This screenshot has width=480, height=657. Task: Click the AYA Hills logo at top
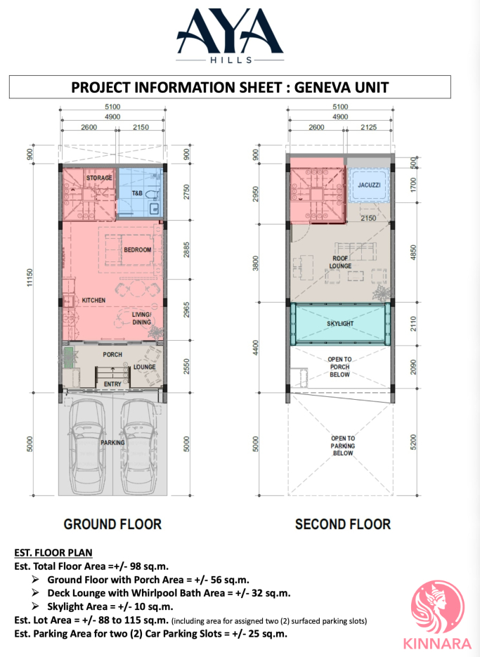point(230,37)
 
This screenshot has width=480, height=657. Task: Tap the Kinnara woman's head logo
point(438,608)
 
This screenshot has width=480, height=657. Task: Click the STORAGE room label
point(99,178)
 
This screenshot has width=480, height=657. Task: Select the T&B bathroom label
point(137,193)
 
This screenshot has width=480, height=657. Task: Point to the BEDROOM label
point(138,249)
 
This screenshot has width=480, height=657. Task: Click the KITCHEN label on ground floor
point(93,300)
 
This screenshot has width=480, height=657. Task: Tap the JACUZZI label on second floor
point(370,185)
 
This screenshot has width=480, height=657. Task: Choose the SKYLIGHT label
point(340,323)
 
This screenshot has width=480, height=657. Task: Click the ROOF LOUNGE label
point(340,262)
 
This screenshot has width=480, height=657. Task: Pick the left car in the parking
point(86,446)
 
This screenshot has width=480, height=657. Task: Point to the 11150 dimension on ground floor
point(30,278)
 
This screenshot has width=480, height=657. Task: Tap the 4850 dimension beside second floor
point(414,253)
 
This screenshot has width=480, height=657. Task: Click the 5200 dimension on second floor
point(414,443)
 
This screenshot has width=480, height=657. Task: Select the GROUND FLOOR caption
point(112,524)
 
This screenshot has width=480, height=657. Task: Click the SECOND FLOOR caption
point(343,524)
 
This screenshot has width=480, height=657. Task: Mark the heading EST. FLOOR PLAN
point(53,553)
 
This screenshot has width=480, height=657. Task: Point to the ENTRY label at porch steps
point(112,384)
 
